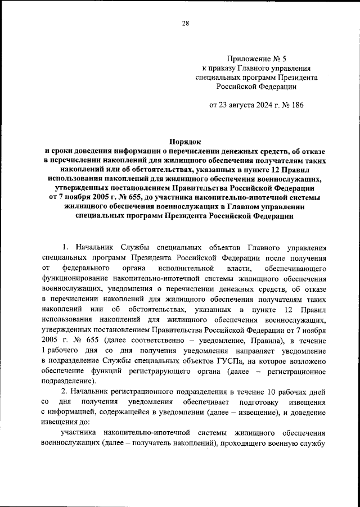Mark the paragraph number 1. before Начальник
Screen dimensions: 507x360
tap(65, 247)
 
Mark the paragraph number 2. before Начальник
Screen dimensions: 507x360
tap(65, 391)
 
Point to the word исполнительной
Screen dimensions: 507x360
tap(182, 268)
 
